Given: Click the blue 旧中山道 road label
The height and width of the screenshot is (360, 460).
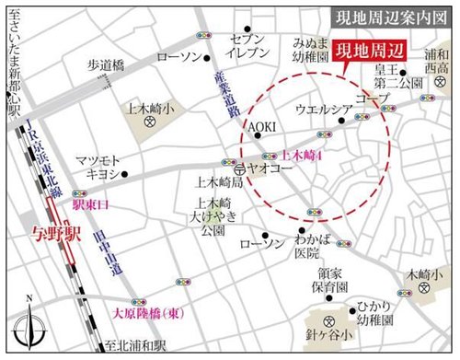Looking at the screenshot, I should (102, 247).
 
